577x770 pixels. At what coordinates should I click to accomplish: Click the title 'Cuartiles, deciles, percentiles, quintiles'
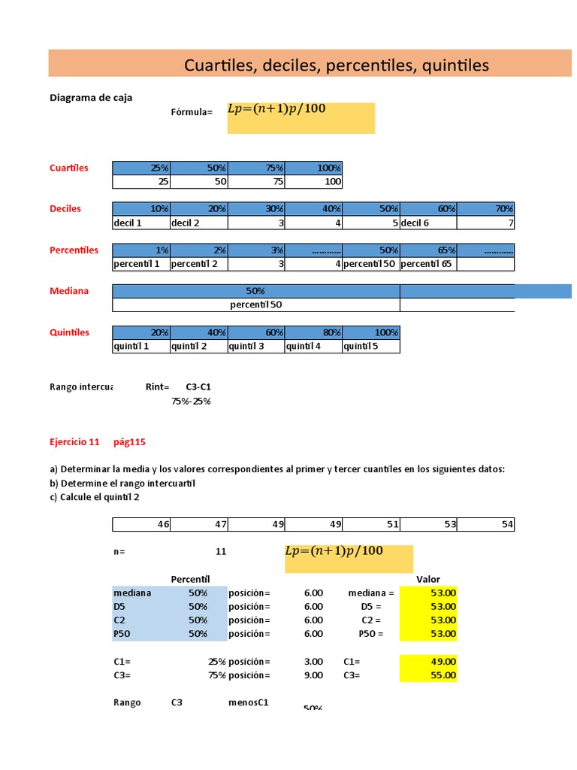coord(336,65)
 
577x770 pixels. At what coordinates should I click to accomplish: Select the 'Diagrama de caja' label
coord(91,97)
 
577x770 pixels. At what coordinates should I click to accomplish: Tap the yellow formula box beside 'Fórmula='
coord(301,118)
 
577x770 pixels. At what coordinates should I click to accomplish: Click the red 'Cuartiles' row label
coord(68,168)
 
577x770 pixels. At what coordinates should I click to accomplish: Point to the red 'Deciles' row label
coord(65,208)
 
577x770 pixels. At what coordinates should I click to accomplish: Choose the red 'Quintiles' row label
coord(69,332)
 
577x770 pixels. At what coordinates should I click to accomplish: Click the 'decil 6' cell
coord(427,223)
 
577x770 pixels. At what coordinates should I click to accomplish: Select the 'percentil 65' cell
coord(427,264)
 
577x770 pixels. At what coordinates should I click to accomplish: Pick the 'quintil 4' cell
coord(313,347)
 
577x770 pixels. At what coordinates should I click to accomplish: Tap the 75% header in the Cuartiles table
coord(257,168)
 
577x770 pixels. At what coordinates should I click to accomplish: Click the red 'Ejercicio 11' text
coord(74,441)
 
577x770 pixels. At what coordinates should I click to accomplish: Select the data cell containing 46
coord(141,525)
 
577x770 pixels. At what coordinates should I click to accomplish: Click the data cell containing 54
coord(485,525)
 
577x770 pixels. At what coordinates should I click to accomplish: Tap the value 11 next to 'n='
coord(220,551)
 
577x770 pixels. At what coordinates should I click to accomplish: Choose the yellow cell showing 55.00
coord(428,675)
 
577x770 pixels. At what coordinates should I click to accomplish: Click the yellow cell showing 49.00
coord(428,661)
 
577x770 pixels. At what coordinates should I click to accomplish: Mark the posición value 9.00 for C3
coord(313,675)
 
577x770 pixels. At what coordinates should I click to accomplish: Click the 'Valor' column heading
coord(428,579)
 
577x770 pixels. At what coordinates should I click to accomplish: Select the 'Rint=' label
coord(157,387)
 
